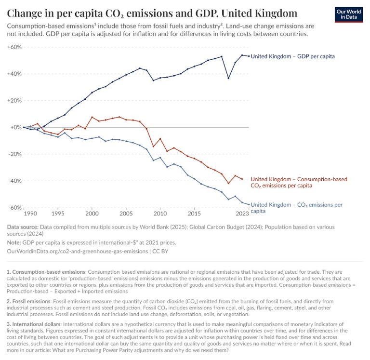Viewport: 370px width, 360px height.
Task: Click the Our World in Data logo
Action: coord(348,14)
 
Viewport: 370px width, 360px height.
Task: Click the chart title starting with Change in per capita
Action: coord(152,13)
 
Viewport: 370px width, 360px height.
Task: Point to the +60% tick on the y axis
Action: coord(14,47)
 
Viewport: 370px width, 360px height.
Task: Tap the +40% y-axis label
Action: coord(14,74)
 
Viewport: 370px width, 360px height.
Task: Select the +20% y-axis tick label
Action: coord(14,101)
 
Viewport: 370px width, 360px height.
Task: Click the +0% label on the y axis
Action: coord(15,127)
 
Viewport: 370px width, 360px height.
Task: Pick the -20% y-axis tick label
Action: coord(14,154)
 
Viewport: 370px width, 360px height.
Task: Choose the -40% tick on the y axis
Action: coord(14,181)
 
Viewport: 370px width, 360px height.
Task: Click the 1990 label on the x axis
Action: coord(30,213)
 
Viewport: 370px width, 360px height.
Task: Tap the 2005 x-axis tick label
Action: coord(126,213)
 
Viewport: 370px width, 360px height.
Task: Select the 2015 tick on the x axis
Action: coord(194,213)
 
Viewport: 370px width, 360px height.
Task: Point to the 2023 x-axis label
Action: coord(242,213)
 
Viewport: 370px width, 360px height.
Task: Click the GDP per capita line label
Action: coord(292,56)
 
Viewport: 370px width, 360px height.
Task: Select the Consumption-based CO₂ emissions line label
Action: coord(298,182)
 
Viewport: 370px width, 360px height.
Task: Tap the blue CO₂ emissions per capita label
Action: coord(296,207)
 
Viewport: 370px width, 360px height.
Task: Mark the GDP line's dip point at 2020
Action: coord(228,78)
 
